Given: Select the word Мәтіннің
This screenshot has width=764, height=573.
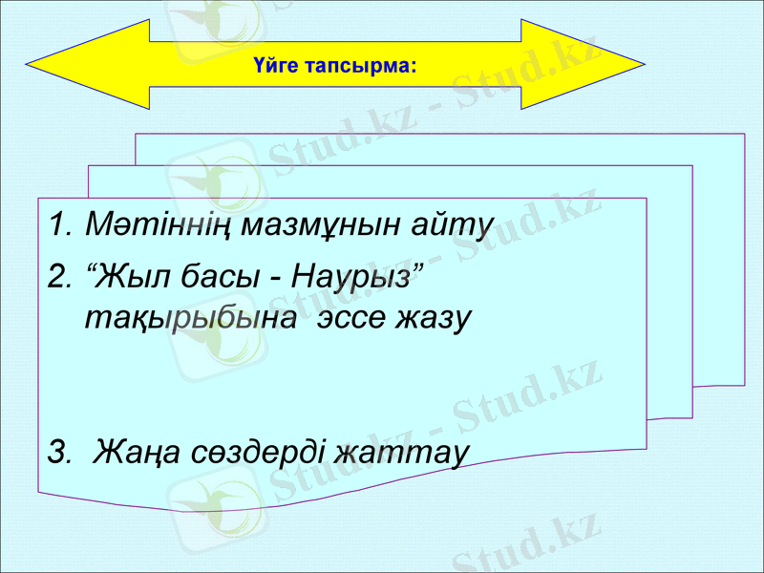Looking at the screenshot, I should pyautogui.click(x=159, y=226).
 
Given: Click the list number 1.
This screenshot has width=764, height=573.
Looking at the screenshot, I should pyautogui.click(x=58, y=226).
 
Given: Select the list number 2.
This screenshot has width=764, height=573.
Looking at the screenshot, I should pyautogui.click(x=58, y=280).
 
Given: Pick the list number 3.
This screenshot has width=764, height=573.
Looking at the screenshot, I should pyautogui.click(x=58, y=450).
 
